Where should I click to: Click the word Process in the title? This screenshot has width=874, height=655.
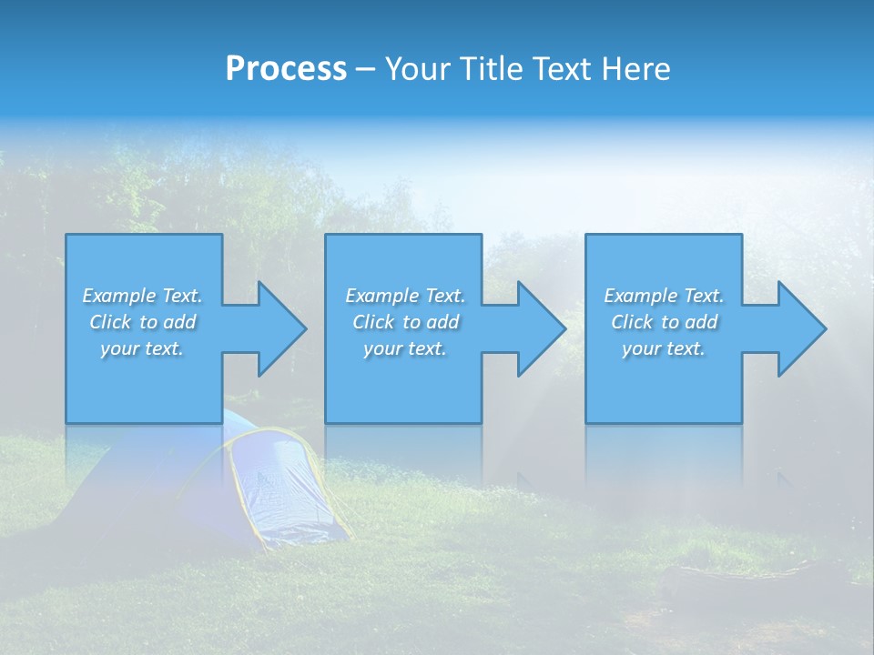click(x=286, y=69)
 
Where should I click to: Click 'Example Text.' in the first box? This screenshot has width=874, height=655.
click(x=142, y=296)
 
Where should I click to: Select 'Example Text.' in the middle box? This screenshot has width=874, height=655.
click(x=404, y=296)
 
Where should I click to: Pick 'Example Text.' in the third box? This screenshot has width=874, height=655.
click(x=664, y=296)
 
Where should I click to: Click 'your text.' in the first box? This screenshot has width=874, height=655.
click(x=142, y=348)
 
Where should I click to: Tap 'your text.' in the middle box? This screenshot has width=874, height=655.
click(x=404, y=348)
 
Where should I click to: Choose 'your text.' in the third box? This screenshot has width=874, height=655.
click(x=664, y=348)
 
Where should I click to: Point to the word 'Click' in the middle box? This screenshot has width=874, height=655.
click(x=373, y=322)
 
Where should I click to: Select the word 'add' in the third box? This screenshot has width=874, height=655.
click(x=702, y=322)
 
